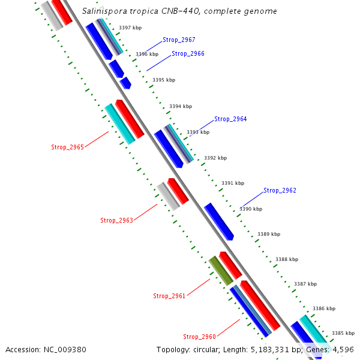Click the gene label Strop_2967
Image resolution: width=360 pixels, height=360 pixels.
tap(179, 40)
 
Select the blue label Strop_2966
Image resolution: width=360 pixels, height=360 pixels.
tap(188, 53)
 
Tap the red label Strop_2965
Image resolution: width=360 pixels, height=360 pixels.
tap(67, 147)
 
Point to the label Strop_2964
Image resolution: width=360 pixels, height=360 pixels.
tap(230, 119)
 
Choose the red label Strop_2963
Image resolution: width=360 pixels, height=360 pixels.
tap(116, 220)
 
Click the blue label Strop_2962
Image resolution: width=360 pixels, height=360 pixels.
tap(280, 190)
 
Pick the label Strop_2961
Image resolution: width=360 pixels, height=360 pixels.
tap(169, 296)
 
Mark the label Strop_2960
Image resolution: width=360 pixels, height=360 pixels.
tap(199, 337)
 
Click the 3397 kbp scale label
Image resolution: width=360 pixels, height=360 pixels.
tap(130, 28)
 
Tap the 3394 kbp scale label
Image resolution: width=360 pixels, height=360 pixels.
tap(181, 106)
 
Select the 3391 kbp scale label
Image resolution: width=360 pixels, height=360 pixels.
tap(233, 183)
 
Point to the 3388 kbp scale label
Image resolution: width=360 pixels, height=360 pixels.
tap(287, 260)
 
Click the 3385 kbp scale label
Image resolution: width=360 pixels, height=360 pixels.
tap(343, 333)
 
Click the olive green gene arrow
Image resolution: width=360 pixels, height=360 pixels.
tap(221, 269)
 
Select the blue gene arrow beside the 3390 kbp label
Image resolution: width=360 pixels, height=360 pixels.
tap(218, 221)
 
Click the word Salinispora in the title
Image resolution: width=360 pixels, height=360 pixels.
tap(106, 11)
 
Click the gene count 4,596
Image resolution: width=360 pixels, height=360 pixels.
tap(342, 349)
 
